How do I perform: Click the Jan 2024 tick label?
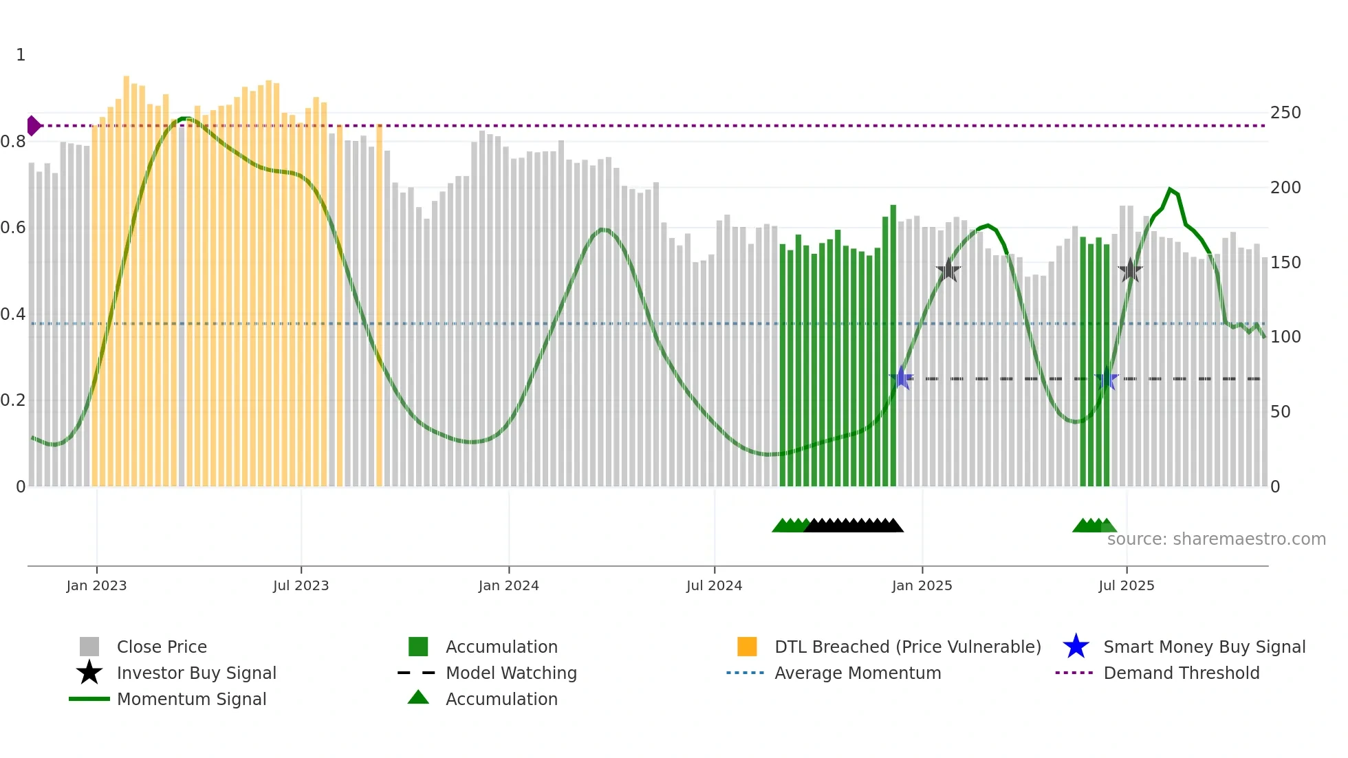tap(508, 585)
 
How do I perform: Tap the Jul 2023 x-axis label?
tap(301, 585)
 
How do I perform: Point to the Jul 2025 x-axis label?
tap(1126, 585)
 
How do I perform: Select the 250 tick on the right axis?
tap(1285, 113)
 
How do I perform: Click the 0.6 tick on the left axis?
tap(14, 228)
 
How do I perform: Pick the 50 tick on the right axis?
tap(1280, 412)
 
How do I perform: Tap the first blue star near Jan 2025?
tap(901, 378)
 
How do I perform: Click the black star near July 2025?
tap(1130, 270)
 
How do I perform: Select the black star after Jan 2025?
tap(948, 270)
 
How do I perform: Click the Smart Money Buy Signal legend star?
tap(1076, 647)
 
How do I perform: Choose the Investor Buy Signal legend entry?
tap(196, 673)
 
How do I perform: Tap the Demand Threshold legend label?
tap(1181, 673)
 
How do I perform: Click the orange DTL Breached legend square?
tap(747, 647)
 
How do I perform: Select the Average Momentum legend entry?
tap(857, 673)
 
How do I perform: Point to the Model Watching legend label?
tap(511, 673)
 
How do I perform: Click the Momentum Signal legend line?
tap(89, 699)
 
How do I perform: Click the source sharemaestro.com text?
tap(1216, 539)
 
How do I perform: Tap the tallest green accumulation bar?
tap(893, 344)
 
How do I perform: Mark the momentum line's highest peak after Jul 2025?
tap(1170, 188)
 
